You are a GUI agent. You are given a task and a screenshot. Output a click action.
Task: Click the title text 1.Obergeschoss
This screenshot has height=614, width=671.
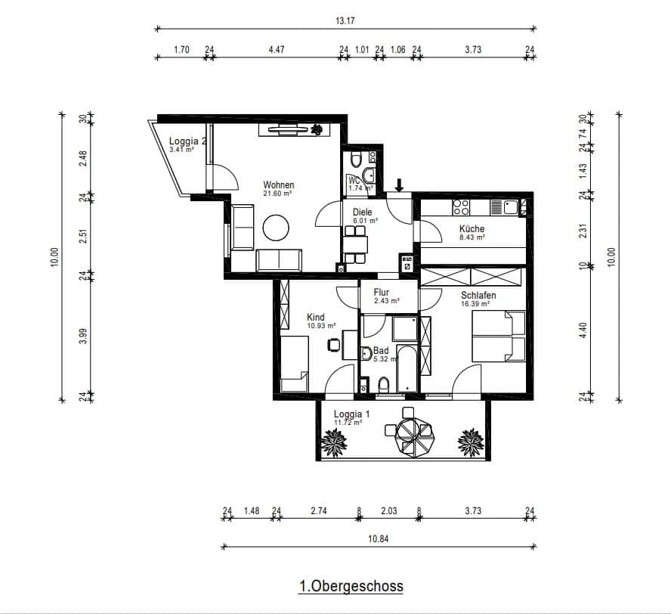click(x=351, y=586)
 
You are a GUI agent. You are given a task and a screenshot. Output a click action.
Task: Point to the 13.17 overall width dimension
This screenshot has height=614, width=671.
click(x=345, y=20)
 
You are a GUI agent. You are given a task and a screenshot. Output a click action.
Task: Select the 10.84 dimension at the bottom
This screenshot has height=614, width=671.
click(x=379, y=538)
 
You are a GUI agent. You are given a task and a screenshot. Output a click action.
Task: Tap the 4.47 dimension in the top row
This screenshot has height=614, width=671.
click(x=277, y=50)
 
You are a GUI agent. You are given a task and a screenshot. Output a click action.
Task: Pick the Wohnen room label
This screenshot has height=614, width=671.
click(x=278, y=185)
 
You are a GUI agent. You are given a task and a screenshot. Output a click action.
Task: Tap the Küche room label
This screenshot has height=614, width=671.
click(x=472, y=229)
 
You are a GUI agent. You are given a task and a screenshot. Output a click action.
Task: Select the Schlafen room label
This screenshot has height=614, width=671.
click(x=480, y=295)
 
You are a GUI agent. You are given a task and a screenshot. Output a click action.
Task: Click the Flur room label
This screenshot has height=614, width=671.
click(x=381, y=292)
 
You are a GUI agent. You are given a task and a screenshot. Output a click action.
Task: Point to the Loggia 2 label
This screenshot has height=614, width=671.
click(x=187, y=141)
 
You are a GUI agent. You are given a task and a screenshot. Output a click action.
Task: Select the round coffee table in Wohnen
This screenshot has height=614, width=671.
click(x=276, y=228)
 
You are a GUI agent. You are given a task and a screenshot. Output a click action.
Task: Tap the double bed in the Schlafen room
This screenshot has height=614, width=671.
click(x=498, y=336)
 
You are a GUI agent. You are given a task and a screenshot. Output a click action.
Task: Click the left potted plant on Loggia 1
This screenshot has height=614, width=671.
click(x=332, y=442)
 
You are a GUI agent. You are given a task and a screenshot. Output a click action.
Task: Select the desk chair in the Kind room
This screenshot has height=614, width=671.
click(x=333, y=345)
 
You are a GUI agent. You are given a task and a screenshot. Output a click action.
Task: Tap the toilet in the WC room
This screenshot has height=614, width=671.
click(x=368, y=175)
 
